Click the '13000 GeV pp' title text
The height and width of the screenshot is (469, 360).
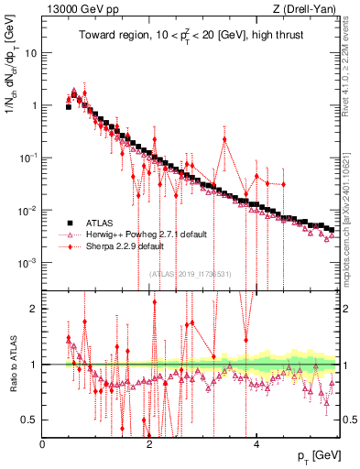click(81, 9)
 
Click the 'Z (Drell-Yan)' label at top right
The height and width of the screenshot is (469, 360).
click(306, 9)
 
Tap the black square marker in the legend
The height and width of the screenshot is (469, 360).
click(68, 223)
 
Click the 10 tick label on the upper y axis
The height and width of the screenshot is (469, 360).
click(29, 52)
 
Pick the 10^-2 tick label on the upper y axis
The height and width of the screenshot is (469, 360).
click(27, 211)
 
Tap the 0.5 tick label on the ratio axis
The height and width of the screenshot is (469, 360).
click(28, 420)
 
